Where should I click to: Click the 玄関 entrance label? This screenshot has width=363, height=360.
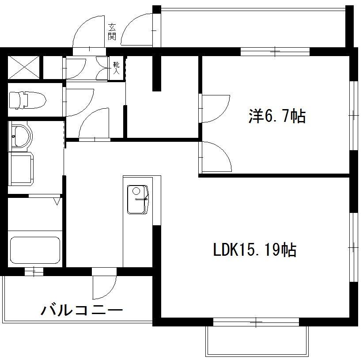(x=112, y=32)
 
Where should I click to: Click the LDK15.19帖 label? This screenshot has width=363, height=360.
(x=255, y=250)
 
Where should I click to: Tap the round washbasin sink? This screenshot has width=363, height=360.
(x=20, y=135)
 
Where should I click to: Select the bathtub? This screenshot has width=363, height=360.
(x=35, y=251)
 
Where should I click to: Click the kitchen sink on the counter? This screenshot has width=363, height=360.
(x=139, y=199)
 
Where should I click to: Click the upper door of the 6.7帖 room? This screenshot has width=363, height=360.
(x=214, y=108)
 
